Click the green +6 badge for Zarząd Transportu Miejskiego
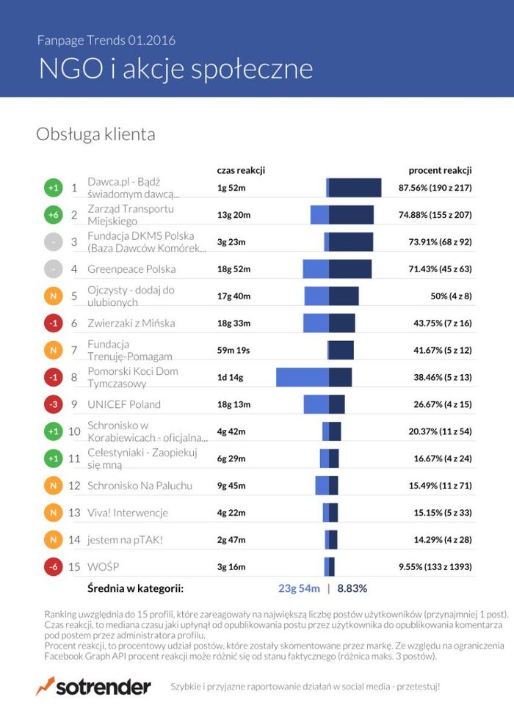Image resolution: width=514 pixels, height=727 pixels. tap(53, 215)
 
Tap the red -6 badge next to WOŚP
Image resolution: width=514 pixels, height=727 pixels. tap(53, 567)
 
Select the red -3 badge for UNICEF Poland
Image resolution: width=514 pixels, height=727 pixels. tap(53, 404)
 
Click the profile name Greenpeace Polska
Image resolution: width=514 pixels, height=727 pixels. tap(131, 269)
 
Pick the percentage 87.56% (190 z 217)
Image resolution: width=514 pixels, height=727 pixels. tap(435, 188)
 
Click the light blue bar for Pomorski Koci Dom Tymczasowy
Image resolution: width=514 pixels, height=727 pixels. tap(302, 377)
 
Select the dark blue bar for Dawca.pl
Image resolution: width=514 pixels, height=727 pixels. tap(355, 188)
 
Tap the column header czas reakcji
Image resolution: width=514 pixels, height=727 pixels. tap(240, 170)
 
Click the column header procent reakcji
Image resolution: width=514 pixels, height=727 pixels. tap(440, 170)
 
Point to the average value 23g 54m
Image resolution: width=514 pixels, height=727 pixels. tap(298, 588)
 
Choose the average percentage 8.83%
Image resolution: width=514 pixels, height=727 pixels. tap(352, 588)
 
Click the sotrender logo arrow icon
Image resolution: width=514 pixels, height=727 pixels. tap(45, 686)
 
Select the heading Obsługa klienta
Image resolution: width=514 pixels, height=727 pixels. tap(95, 135)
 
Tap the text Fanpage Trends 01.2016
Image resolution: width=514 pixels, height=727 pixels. tap(106, 40)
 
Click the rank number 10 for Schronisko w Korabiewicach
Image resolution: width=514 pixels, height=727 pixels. tap(74, 431)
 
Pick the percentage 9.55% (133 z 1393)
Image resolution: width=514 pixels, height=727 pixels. tap(435, 567)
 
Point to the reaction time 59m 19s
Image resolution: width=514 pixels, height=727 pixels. tap(234, 350)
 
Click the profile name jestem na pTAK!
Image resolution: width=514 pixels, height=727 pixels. tap(125, 540)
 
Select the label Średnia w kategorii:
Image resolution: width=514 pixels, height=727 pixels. tap(135, 588)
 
